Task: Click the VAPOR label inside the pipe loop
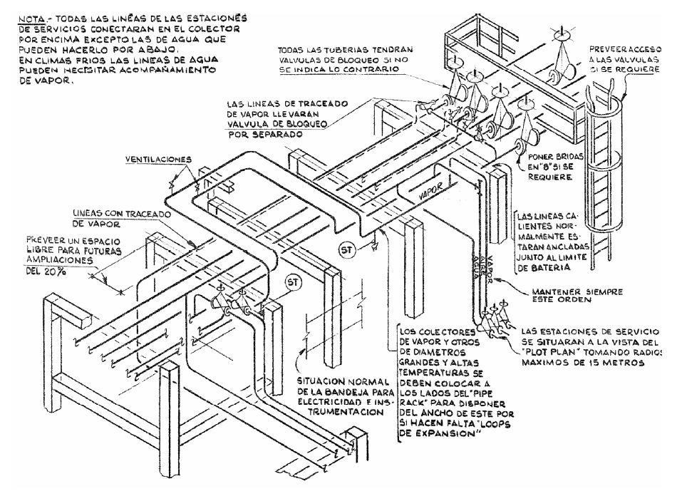coord(430,192)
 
